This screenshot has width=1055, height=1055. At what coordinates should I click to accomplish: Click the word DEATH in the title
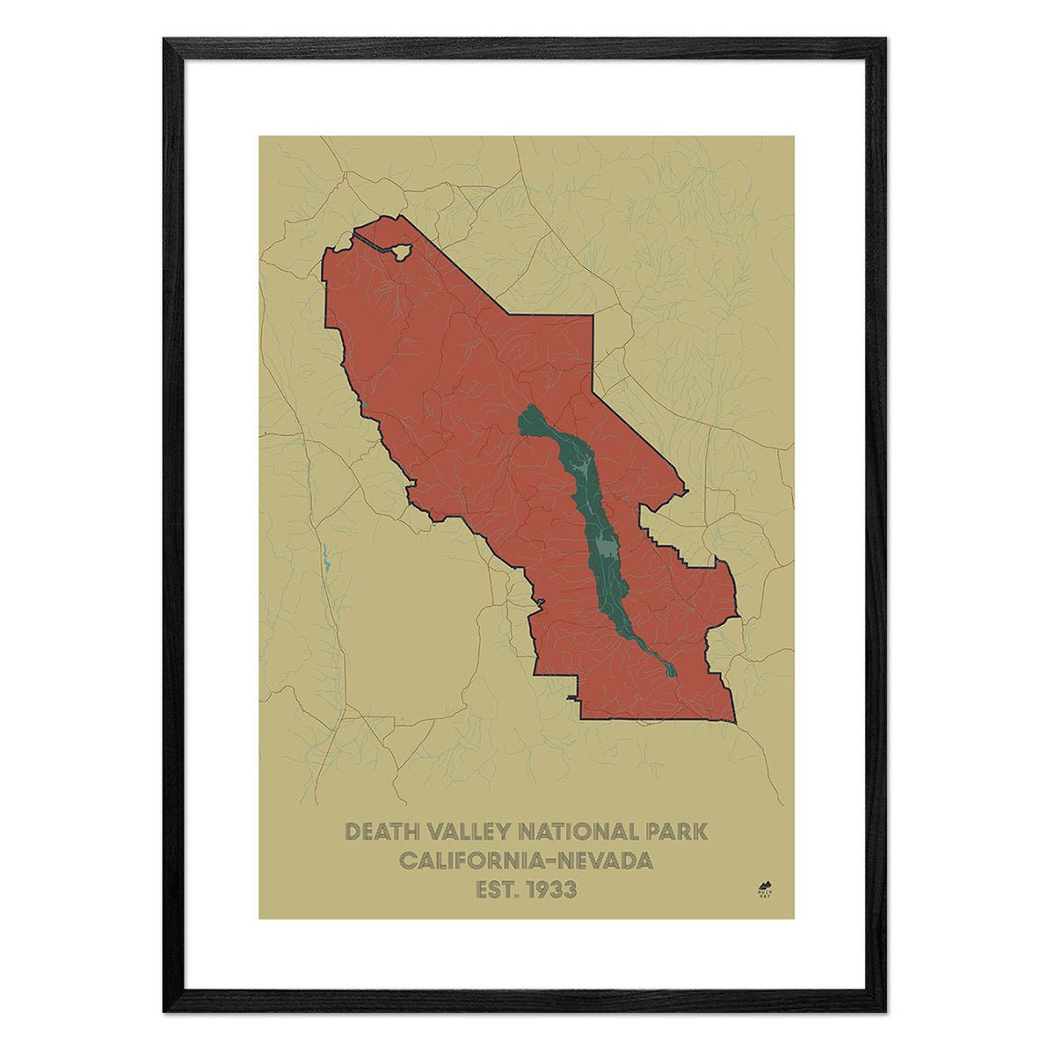click(382, 832)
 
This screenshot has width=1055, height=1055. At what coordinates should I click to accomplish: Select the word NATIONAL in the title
click(578, 832)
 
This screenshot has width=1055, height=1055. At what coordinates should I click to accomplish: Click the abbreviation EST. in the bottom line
click(498, 890)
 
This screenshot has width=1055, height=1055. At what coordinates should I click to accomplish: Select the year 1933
click(552, 890)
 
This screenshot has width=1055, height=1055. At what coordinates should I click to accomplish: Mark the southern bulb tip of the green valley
click(672, 672)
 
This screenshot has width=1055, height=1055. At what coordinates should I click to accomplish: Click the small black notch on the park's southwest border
click(574, 698)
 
